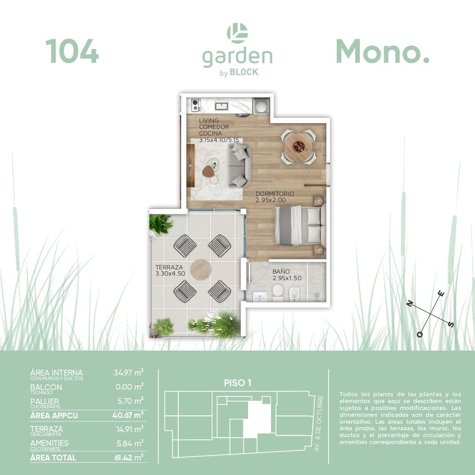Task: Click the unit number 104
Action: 72,51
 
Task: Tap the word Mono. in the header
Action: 382,51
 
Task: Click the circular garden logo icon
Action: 238,33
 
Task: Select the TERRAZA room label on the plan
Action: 169,267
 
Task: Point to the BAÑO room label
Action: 281,271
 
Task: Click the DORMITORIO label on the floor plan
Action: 275,193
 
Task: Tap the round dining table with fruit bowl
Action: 298,146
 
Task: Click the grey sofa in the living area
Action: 240,165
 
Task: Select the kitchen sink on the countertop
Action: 222,106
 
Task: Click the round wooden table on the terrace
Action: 201,269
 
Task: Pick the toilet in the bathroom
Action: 277,293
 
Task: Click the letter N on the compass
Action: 410,303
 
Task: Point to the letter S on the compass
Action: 451,324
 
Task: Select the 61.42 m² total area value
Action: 129,457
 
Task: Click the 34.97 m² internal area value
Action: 129,372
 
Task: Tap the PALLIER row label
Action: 44,401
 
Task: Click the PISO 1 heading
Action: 238,383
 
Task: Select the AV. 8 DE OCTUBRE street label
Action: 318,423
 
